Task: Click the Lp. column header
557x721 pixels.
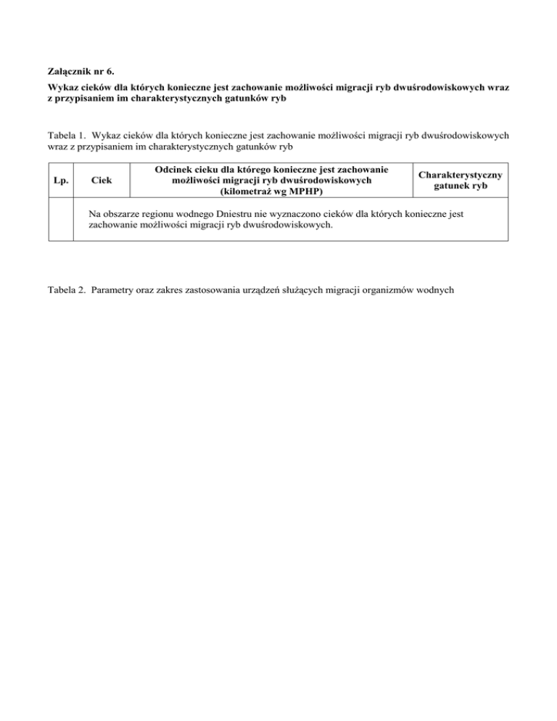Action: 61,180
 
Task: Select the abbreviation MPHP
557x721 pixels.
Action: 305,191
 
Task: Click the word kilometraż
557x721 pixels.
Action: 249,191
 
